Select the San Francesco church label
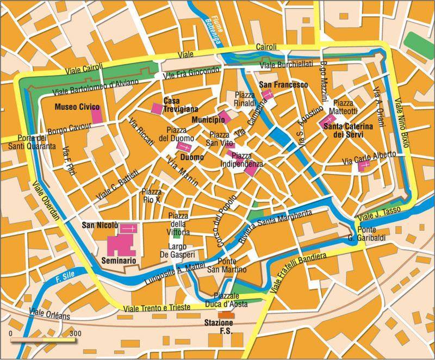pos(283,85)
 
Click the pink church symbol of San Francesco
pos(268,95)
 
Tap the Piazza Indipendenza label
pos(243,160)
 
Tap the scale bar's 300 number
pos(76,333)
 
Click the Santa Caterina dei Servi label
pos(348,130)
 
